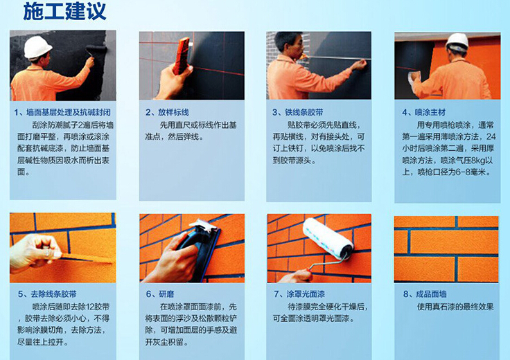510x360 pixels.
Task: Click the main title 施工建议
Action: pyautogui.click(x=64, y=12)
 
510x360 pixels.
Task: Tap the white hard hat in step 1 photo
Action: pyautogui.click(x=37, y=47)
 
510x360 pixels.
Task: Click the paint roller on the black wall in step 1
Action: pyautogui.click(x=96, y=51)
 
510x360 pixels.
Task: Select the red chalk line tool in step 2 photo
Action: pyautogui.click(x=181, y=55)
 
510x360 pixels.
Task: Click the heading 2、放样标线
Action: pyautogui.click(x=167, y=112)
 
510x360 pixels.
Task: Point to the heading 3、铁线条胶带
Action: pyautogui.click(x=297, y=112)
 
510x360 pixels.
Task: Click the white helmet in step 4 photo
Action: pyautogui.click(x=457, y=42)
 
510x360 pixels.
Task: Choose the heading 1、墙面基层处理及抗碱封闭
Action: pyautogui.click(x=62, y=112)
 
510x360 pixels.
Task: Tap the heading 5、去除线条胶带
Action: pyautogui.click(x=47, y=294)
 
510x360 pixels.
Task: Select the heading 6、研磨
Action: pyautogui.click(x=160, y=294)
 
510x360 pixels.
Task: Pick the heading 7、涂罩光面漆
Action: pyautogui.click(x=299, y=294)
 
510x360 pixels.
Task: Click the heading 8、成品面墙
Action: pyautogui.click(x=425, y=294)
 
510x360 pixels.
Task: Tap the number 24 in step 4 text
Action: pyautogui.click(x=491, y=136)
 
